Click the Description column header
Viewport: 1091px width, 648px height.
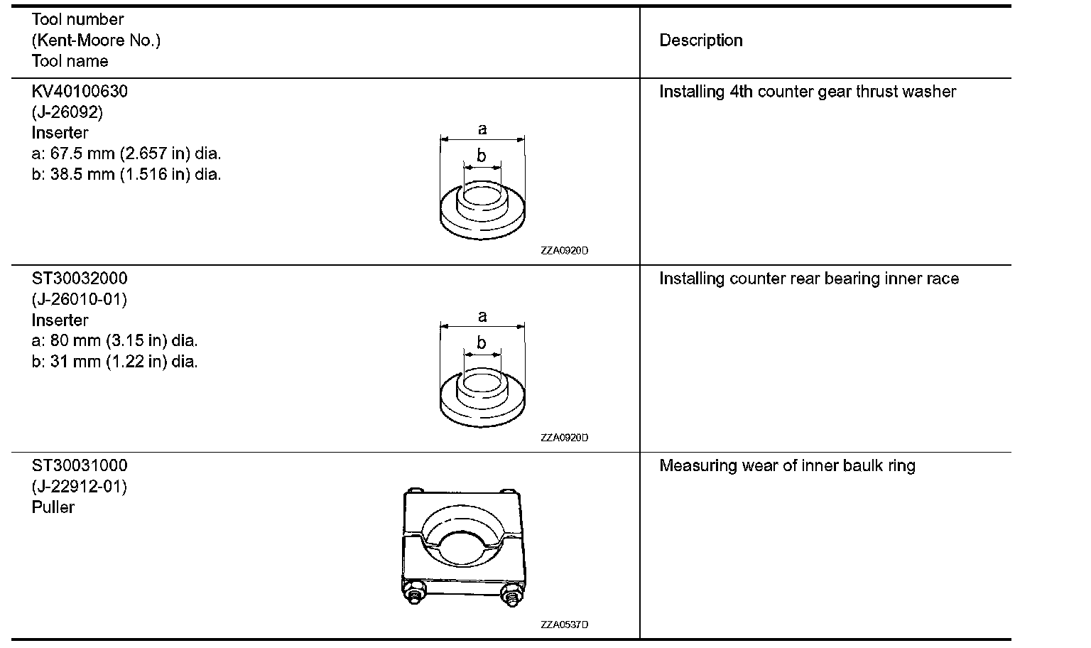(x=700, y=40)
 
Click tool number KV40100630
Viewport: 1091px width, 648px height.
(x=80, y=92)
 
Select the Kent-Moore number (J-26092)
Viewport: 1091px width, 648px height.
(x=67, y=112)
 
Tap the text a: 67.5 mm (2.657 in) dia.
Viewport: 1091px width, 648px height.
(x=126, y=153)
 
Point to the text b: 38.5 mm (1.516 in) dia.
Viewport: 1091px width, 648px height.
(x=126, y=174)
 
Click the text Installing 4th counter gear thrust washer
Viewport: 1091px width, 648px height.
(x=807, y=92)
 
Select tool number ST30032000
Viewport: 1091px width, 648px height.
(x=80, y=279)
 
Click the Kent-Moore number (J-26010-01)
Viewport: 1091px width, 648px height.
(x=80, y=299)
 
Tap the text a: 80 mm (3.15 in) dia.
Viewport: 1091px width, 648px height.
(x=115, y=340)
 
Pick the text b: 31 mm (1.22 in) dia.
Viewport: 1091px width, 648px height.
(x=115, y=362)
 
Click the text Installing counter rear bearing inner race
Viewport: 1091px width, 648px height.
(x=808, y=279)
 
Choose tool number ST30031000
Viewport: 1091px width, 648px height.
(x=80, y=466)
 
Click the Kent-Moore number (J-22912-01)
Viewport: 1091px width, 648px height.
(x=80, y=487)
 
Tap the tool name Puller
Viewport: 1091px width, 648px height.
(x=53, y=507)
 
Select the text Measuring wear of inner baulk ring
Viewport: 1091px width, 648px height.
(x=787, y=466)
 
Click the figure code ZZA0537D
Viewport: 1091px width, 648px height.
(x=564, y=625)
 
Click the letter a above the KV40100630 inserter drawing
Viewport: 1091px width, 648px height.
(x=482, y=129)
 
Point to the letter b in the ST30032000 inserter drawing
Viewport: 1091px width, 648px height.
(x=482, y=343)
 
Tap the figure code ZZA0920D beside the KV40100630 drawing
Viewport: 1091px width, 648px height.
(x=564, y=251)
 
